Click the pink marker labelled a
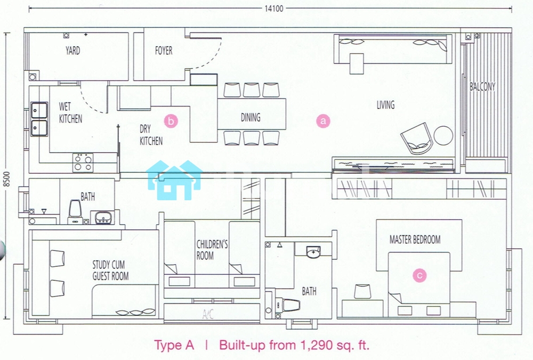point(323,121)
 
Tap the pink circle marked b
point(171,121)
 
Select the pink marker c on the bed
point(419,275)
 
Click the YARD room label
point(72,51)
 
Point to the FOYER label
point(164,51)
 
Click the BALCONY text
point(482,87)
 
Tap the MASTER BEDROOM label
point(415,240)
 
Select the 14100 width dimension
point(274,9)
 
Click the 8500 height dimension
point(7,179)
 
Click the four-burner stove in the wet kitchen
point(83,162)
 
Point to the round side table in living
point(443,135)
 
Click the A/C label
point(208,314)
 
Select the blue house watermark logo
point(174,180)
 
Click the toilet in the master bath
point(288,305)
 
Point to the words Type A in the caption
point(174,346)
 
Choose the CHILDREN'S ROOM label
point(212,250)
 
